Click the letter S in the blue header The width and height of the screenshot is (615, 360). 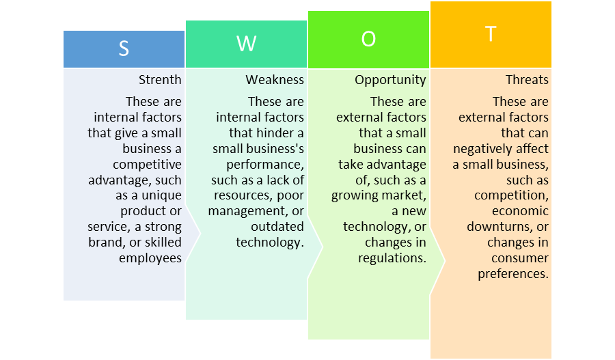pos(124,49)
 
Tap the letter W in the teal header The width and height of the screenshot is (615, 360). pos(246,44)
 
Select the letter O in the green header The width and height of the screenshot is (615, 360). pos(368,39)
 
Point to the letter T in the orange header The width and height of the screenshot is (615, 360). pos(491,33)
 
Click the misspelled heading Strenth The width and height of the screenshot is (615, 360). pos(160,80)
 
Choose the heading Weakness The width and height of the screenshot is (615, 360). pos(275,80)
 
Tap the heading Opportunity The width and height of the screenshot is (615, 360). pos(390,81)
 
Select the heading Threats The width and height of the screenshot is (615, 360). pos(527,80)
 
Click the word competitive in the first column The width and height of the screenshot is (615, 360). pos(147,165)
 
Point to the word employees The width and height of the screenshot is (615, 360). pos(150,258)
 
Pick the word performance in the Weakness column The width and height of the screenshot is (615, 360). pos(264,165)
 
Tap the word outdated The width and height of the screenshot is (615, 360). pos(277,227)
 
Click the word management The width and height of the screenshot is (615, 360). pos(248,212)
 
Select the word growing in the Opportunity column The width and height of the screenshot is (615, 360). pos(353,196)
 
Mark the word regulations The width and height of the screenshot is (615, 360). pos(392,258)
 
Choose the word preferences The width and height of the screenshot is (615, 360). pos(513,274)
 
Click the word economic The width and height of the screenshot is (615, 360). pos(520,211)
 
